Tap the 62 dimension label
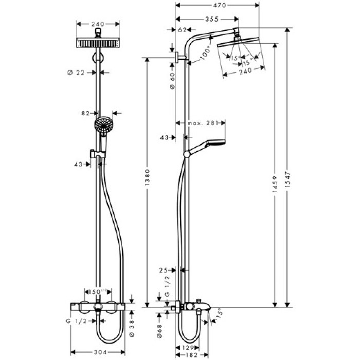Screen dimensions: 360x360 click(x=181, y=30)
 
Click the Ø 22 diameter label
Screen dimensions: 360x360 click(x=76, y=72)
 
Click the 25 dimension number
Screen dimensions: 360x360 click(x=164, y=269)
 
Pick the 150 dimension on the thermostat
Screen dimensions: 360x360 click(x=96, y=291)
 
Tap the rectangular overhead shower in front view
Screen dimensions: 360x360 click(x=98, y=43)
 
